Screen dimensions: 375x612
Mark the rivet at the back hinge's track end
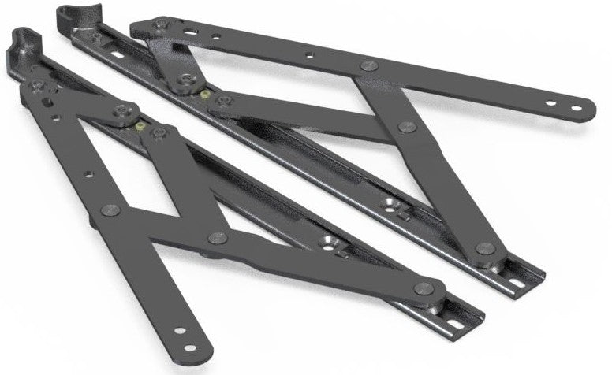click(487, 249)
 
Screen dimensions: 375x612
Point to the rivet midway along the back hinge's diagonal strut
click(407, 127)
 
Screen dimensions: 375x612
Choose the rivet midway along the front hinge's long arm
click(110, 210)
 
